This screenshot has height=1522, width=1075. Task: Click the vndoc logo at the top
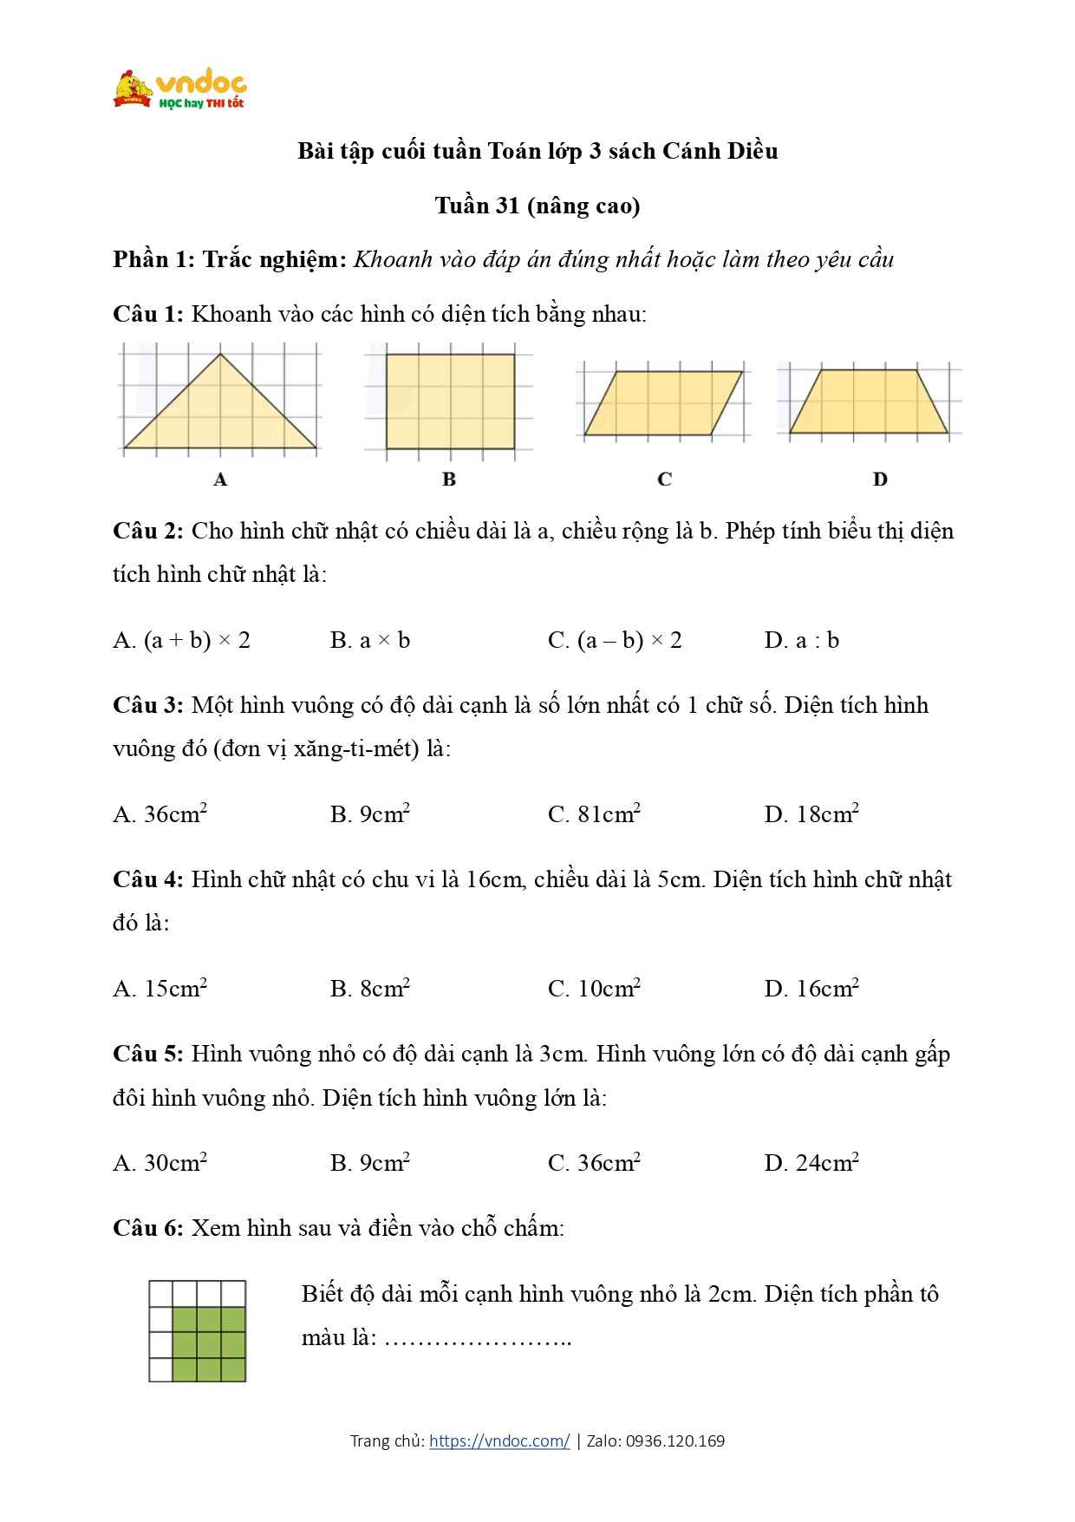click(x=180, y=88)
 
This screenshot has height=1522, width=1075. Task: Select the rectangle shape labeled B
click(x=450, y=401)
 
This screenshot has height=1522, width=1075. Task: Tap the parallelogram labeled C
click(x=663, y=403)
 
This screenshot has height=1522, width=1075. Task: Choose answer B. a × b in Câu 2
click(x=370, y=641)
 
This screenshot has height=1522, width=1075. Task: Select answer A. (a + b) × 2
click(x=181, y=641)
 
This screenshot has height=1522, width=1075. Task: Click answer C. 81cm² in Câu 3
click(x=594, y=814)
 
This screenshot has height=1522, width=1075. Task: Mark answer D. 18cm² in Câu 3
click(x=811, y=814)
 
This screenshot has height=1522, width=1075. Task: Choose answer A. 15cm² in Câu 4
click(x=160, y=989)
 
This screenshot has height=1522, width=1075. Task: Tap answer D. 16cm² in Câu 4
click(x=811, y=989)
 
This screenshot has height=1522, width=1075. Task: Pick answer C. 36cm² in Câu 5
click(x=594, y=1163)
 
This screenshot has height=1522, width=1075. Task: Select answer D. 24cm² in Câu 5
click(x=811, y=1163)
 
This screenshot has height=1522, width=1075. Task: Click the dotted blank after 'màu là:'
click(x=478, y=1338)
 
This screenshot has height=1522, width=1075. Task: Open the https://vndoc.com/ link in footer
click(x=499, y=1441)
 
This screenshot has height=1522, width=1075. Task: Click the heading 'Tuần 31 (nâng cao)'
click(x=537, y=206)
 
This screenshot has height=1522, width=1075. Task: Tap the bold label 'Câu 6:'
click(x=147, y=1228)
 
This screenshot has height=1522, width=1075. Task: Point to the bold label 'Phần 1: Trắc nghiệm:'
click(x=230, y=259)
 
